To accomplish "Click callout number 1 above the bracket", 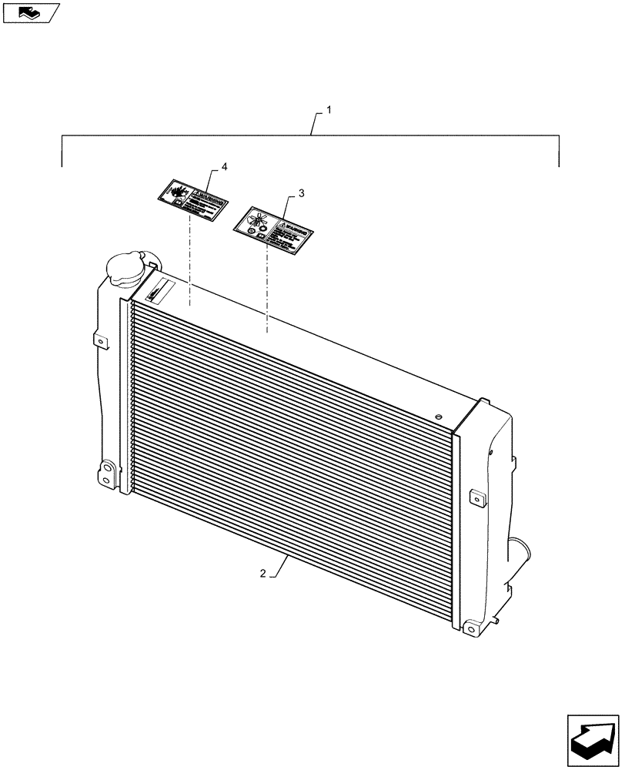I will [x=329, y=111].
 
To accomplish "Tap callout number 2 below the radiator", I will [x=263, y=574].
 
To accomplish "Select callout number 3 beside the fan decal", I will [x=301, y=193].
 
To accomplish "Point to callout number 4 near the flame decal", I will [x=224, y=167].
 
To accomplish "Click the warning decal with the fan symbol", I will [x=272, y=229].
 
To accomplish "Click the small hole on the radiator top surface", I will [x=438, y=417].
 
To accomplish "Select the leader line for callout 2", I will [x=277, y=566].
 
